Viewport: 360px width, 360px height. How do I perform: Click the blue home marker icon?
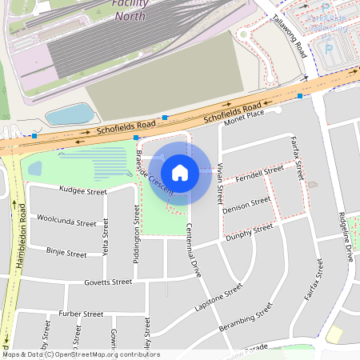[x=180, y=172]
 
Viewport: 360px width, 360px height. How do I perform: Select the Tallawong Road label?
[x=289, y=36]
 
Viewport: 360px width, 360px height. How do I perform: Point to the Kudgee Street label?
[x=83, y=191]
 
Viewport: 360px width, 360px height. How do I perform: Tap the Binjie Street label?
[x=66, y=253]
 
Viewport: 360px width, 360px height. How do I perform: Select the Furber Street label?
[x=81, y=314]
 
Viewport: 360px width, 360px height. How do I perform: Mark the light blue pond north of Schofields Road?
[x=68, y=114]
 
